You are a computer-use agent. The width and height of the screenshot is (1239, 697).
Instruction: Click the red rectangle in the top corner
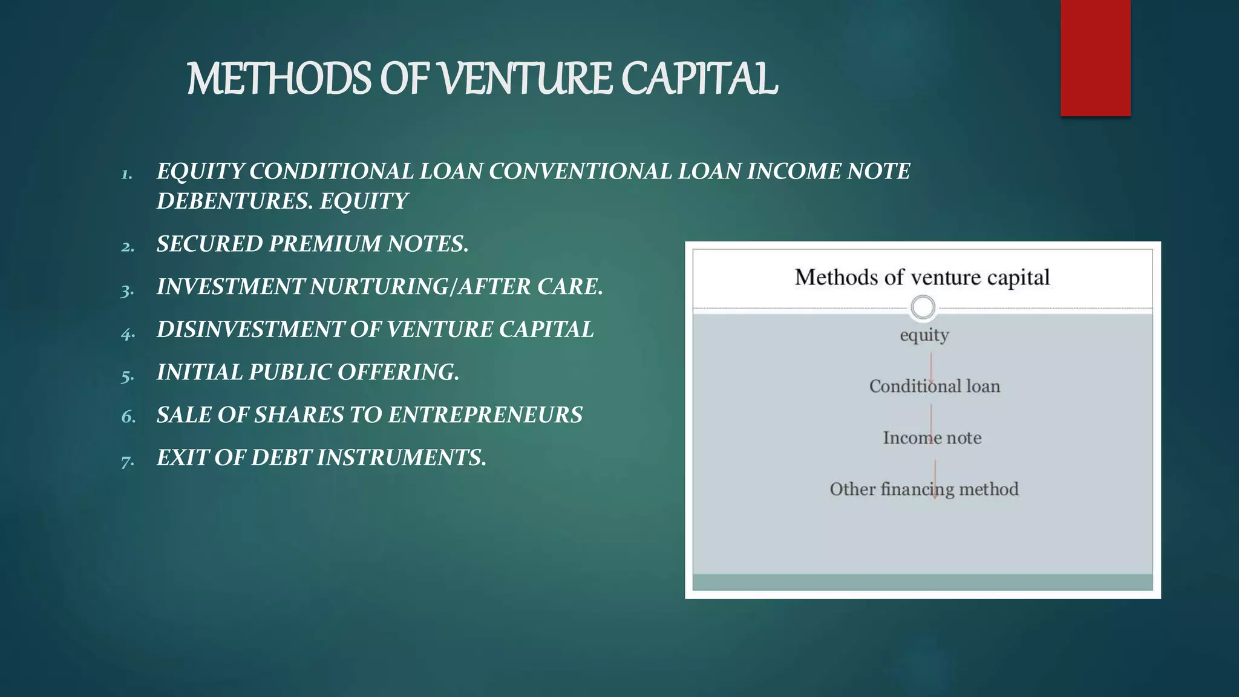pos(1095,58)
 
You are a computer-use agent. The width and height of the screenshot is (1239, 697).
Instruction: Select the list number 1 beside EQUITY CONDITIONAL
pos(126,175)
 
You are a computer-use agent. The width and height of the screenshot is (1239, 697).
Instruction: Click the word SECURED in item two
pos(209,244)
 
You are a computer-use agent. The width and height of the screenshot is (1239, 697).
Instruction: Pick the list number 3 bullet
pos(127,290)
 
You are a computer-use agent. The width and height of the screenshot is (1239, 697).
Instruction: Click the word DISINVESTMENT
pos(249,330)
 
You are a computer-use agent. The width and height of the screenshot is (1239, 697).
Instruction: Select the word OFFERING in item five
pos(398,372)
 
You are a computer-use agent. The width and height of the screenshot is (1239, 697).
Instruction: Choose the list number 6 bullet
pos(128,417)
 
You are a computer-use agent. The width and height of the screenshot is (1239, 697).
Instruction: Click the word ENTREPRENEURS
pos(485,415)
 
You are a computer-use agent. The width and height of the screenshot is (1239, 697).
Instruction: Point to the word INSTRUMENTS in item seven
pos(402,458)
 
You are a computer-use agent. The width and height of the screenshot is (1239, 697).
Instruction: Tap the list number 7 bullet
pos(127,462)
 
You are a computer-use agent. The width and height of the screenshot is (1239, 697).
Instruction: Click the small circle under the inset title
pos(923,307)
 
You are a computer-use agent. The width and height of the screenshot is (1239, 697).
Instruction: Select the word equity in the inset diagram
pos(924,335)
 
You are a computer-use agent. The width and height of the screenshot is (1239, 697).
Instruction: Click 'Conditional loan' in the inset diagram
pos(934,386)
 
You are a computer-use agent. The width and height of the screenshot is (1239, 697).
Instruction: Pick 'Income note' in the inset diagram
pos(932,437)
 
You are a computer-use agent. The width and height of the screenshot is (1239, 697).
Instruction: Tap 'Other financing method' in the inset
pos(924,489)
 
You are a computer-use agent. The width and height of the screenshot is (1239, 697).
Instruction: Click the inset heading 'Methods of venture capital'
pos(921,277)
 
